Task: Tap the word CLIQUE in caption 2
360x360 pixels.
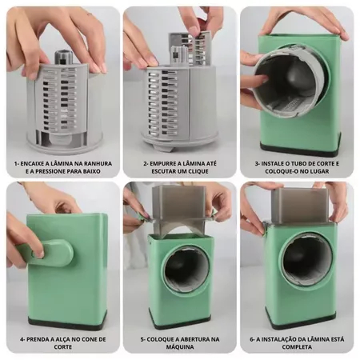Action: (x=195, y=171)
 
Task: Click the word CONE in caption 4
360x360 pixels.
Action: (x=84, y=339)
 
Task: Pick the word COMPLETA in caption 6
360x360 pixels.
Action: (x=297, y=347)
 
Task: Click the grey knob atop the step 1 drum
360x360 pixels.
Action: (x=63, y=58)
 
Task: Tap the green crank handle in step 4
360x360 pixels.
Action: (x=46, y=252)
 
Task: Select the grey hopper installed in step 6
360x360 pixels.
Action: (x=300, y=206)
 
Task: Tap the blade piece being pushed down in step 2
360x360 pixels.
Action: (x=190, y=50)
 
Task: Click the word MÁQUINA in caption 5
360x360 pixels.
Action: (x=180, y=347)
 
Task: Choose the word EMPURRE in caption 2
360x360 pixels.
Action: (x=162, y=163)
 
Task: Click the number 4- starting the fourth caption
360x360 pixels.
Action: (x=23, y=339)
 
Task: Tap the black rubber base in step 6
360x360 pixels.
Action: (x=303, y=322)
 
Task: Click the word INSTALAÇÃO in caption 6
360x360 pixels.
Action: (x=278, y=339)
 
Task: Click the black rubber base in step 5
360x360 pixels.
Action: (x=180, y=322)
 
